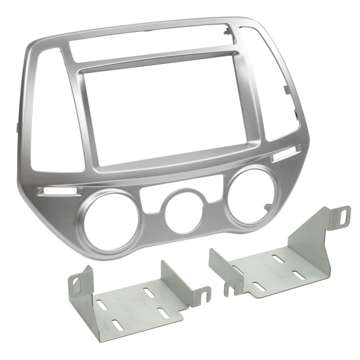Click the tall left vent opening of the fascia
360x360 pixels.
(x=53, y=112)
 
